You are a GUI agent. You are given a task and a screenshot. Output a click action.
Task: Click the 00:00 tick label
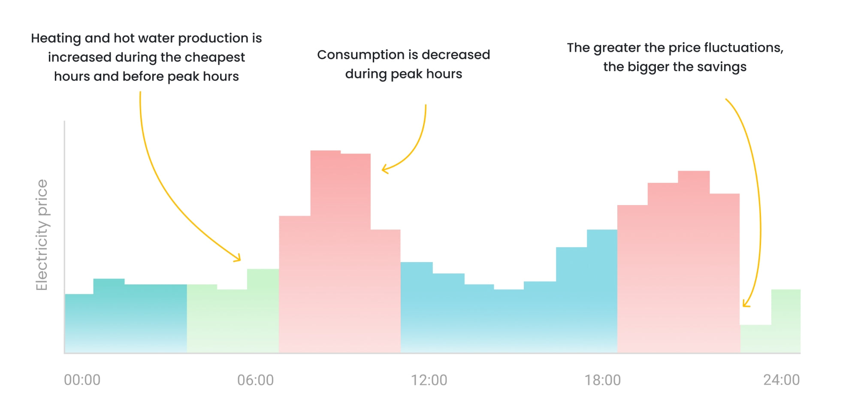click(82, 380)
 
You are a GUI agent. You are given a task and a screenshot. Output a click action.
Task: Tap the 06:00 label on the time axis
click(255, 380)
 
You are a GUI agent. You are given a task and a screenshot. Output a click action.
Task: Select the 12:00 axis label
click(429, 380)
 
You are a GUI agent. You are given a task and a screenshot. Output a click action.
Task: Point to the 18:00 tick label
click(602, 380)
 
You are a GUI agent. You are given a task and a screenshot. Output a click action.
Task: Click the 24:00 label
click(781, 380)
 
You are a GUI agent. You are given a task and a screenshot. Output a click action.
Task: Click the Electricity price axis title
click(42, 235)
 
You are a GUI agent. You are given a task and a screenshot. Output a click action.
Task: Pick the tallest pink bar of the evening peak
click(693, 262)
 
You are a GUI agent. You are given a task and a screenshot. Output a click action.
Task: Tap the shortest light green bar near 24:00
click(755, 339)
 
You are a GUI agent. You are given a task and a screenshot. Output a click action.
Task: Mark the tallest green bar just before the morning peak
click(263, 311)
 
